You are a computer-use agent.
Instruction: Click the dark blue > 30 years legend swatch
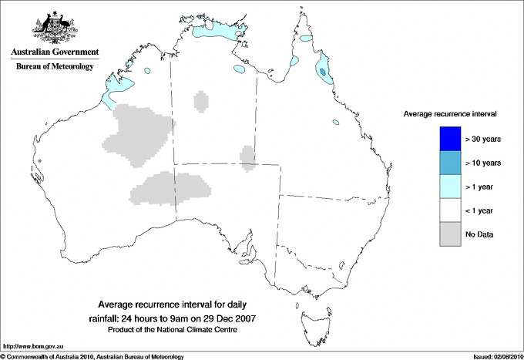pos(449,138)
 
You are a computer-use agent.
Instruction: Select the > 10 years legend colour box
pos(449,162)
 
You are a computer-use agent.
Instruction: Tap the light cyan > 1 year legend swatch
pos(449,186)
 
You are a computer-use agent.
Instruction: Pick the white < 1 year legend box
pos(449,210)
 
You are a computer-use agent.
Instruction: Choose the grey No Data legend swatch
pos(449,234)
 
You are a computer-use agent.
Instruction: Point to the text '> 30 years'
pos(482,139)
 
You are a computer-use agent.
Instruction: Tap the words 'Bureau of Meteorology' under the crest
pos(55,67)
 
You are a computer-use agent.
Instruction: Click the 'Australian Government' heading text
pos(55,52)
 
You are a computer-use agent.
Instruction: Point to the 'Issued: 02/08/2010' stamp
pos(495,356)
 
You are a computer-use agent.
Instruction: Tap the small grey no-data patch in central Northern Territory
pos(201,101)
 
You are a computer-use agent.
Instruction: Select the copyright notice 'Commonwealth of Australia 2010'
pos(62,356)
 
